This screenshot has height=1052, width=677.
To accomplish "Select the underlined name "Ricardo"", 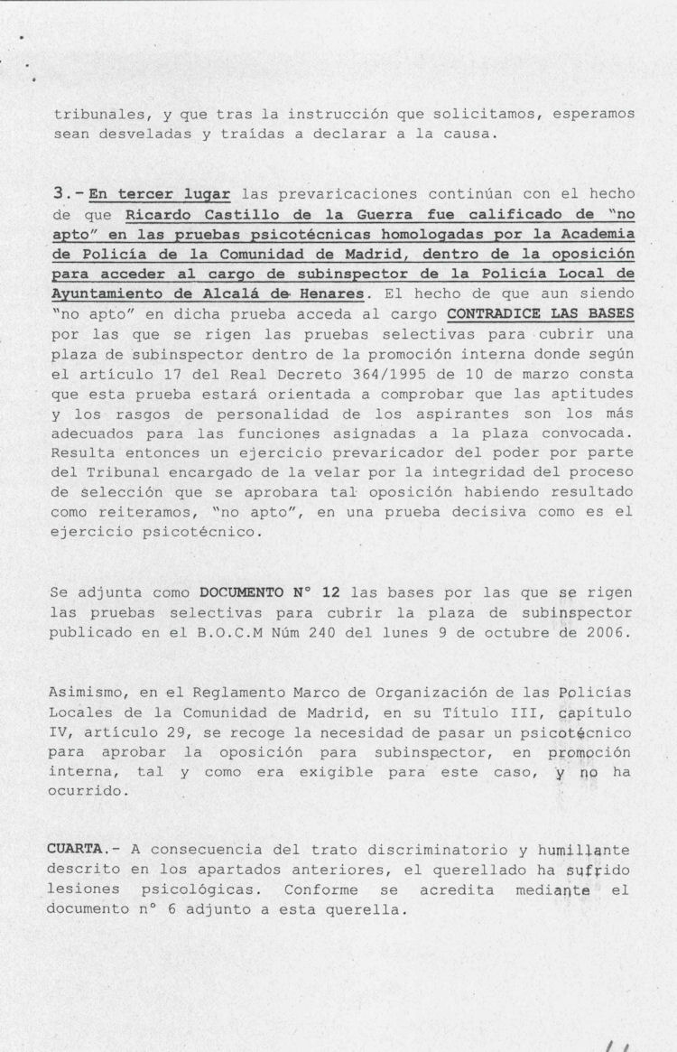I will coord(154,215).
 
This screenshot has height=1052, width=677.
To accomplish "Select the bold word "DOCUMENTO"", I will coord(241,592).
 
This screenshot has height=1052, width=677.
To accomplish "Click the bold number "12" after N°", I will coord(330,592).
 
